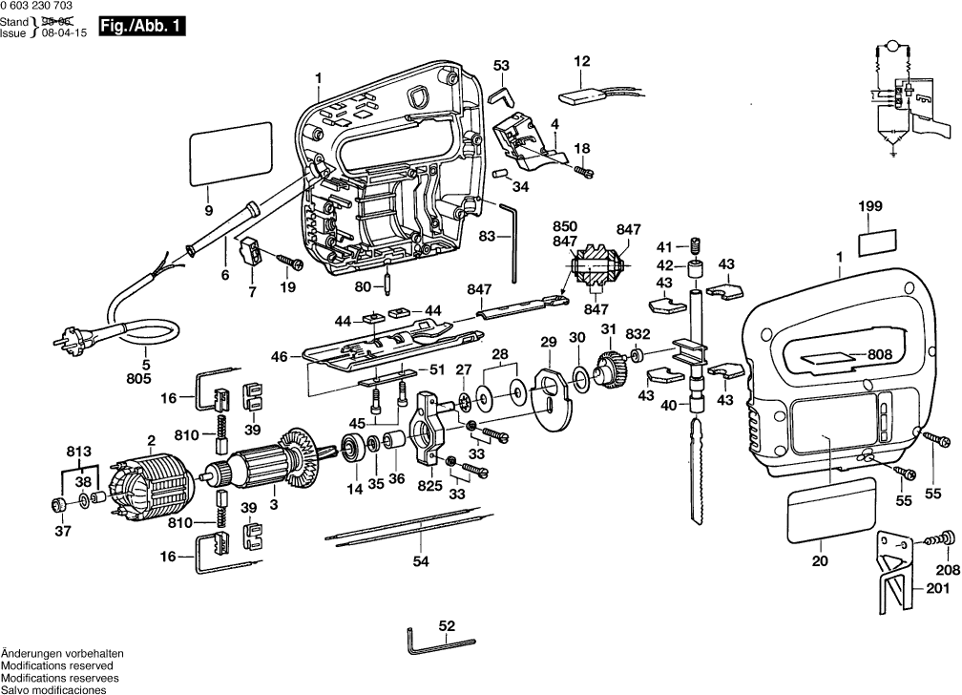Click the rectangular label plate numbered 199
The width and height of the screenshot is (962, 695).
tap(877, 242)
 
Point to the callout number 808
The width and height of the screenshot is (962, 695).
tap(880, 355)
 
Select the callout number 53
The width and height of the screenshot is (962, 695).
tap(502, 65)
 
